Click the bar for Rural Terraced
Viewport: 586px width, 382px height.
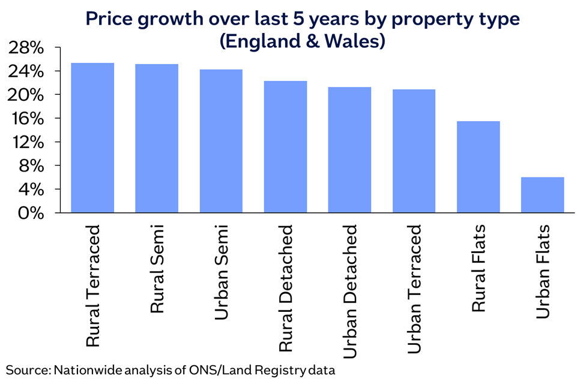92,138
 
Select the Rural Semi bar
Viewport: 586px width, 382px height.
157,139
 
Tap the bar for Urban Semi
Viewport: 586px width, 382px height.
221,141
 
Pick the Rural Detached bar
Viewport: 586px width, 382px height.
285,147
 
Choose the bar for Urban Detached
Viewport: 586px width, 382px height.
349,150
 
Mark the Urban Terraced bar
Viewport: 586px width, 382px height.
414,151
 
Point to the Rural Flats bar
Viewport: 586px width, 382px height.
478,167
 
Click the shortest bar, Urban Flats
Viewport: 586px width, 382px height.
542,195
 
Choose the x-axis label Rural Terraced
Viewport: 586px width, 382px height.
93,285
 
